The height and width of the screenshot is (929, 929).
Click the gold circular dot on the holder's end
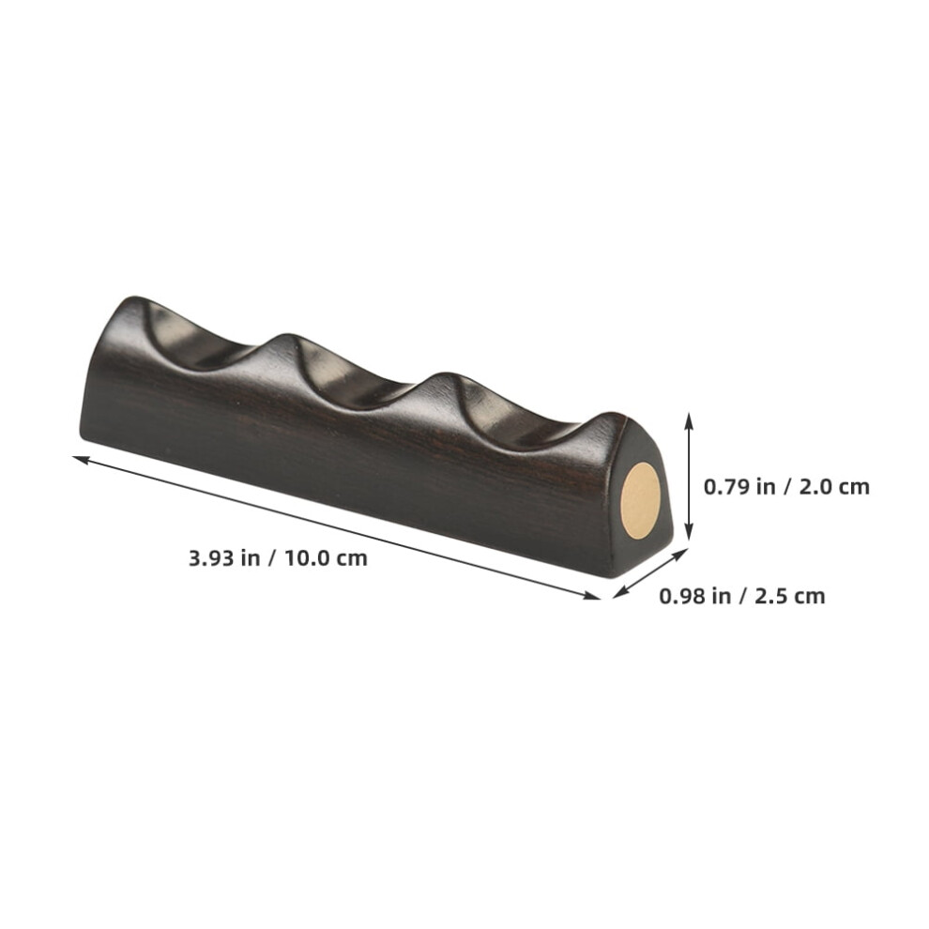coord(640,501)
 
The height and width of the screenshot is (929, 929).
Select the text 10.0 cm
coord(327,558)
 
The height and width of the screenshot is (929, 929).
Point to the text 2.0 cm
coord(834,486)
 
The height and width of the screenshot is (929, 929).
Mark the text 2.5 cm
coord(790,596)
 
